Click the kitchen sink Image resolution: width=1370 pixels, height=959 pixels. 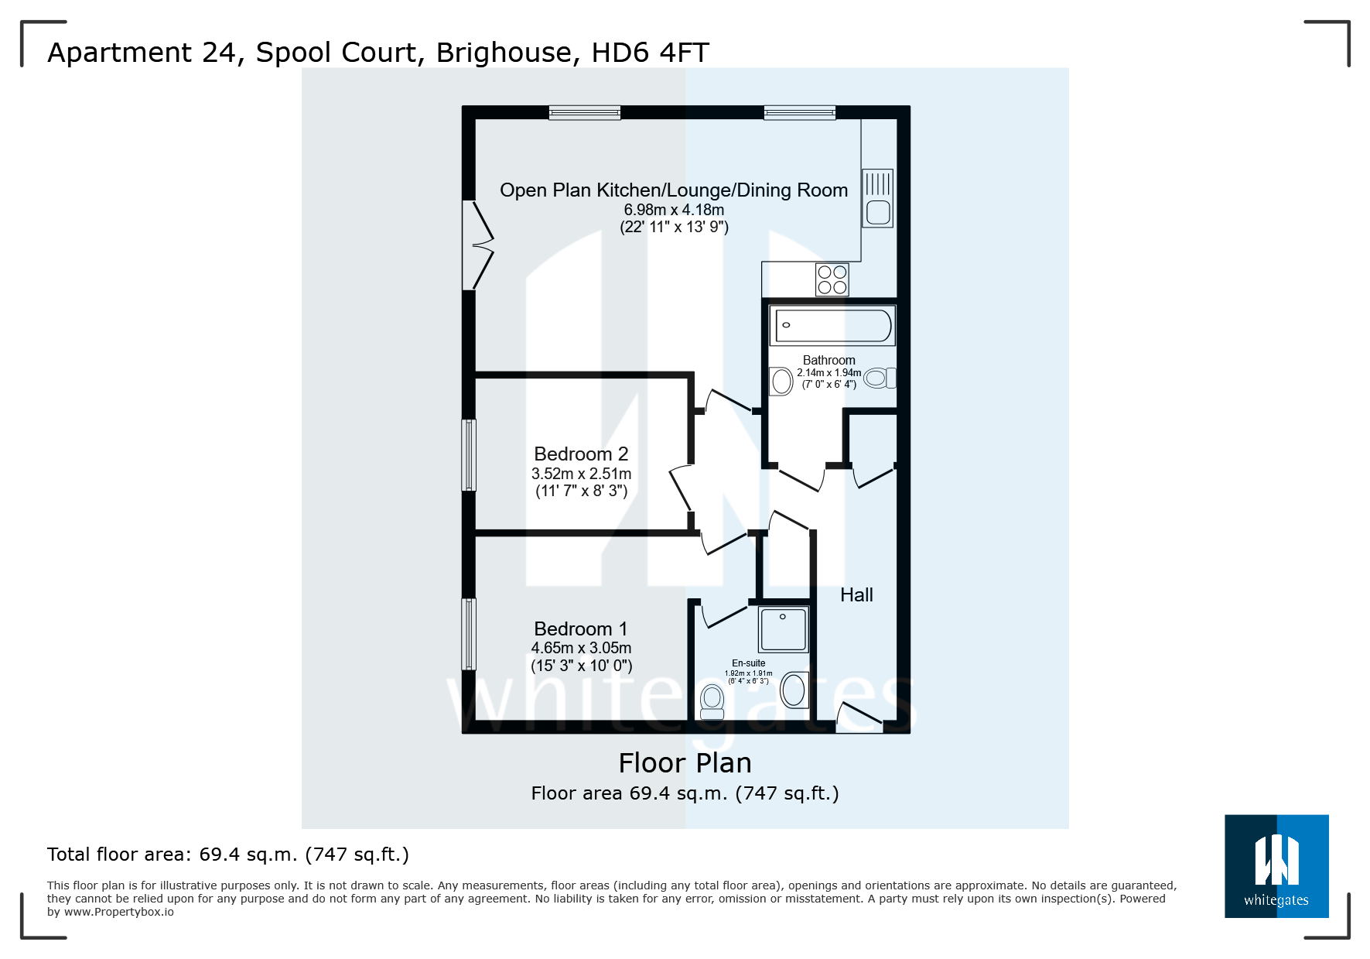coord(877,199)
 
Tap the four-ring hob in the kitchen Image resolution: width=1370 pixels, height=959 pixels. coord(832,279)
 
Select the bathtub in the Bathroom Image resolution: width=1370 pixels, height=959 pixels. coord(832,326)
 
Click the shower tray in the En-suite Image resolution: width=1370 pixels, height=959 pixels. coord(783,629)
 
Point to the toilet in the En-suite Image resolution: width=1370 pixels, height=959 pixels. coord(712,701)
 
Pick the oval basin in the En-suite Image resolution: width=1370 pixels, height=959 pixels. coord(794,690)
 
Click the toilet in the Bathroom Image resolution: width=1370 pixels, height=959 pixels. coord(879,378)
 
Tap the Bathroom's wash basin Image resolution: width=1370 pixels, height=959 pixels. coord(782,381)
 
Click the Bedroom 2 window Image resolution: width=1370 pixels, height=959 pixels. coord(469,455)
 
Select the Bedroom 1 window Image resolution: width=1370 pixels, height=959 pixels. coord(469,634)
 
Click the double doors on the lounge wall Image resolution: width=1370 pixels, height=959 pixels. coord(477,245)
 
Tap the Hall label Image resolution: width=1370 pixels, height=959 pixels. coord(856,595)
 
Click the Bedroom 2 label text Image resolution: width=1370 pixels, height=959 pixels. coord(581,454)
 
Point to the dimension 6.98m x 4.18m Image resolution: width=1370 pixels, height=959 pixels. coord(674,210)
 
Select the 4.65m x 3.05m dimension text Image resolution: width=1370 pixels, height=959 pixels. coord(581,648)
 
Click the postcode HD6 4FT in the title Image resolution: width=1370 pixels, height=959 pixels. coord(650,53)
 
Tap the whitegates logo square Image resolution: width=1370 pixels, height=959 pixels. coord(1276,866)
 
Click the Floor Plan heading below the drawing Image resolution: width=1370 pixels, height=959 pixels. coord(685,763)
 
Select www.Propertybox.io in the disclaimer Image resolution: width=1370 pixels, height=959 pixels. coord(119,912)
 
